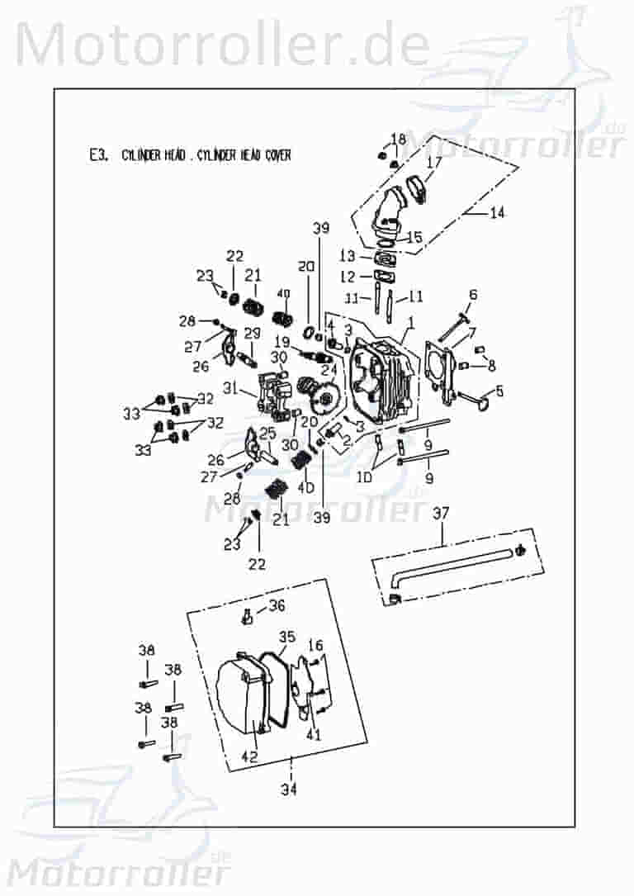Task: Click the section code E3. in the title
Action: point(97,154)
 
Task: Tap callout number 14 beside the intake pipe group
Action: point(497,213)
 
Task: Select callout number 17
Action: point(434,162)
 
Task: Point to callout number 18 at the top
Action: point(399,138)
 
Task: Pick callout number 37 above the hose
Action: point(442,514)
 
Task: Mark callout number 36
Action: point(277,605)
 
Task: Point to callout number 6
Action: point(473,294)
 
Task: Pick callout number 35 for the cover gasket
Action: point(286,637)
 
